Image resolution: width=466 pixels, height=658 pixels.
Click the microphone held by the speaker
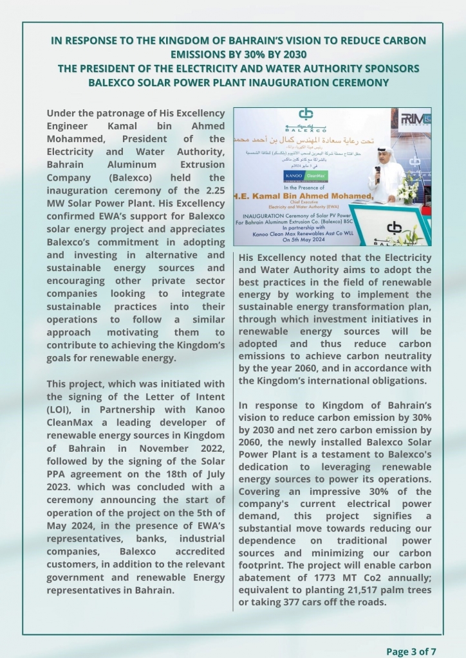377,172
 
